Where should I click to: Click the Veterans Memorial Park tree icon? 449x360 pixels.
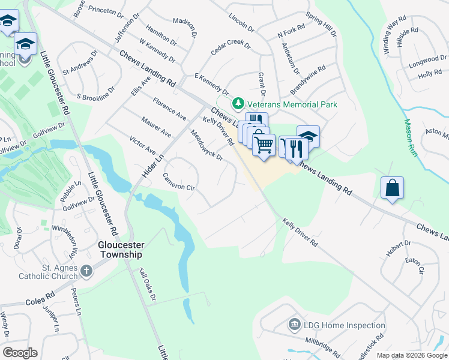click(238, 104)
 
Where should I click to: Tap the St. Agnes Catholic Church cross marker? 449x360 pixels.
click(86, 271)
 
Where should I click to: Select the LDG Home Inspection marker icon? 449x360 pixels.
click(294, 325)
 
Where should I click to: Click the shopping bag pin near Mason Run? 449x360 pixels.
click(392, 188)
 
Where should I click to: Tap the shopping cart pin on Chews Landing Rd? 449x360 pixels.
click(264, 144)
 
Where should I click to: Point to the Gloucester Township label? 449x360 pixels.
click(120, 249)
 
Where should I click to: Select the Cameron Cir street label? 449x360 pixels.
click(179, 182)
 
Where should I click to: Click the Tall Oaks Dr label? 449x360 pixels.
click(148, 289)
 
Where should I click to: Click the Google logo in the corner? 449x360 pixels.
click(20, 353)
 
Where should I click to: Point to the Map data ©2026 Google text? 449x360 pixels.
click(412, 355)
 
